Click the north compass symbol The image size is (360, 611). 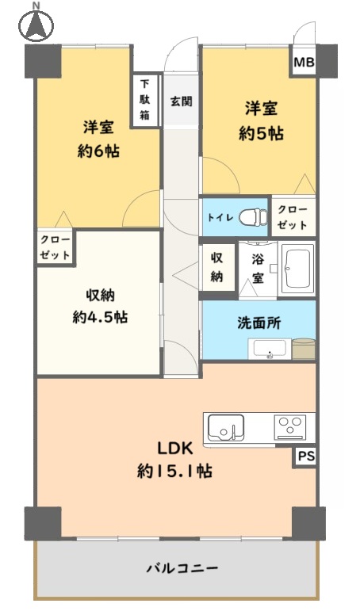(x=36, y=24)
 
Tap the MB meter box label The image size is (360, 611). (x=304, y=62)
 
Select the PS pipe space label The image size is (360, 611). (x=306, y=456)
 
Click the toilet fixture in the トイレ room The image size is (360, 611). (x=253, y=216)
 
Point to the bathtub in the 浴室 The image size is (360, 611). (x=298, y=268)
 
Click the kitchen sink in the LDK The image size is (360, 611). (x=226, y=428)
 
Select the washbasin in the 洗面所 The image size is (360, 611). (x=270, y=349)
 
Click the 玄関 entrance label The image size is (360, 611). (x=181, y=101)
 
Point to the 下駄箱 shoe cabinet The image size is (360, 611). (x=145, y=100)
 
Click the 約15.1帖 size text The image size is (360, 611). (x=174, y=472)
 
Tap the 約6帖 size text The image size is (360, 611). (x=98, y=151)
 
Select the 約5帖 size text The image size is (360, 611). (x=261, y=134)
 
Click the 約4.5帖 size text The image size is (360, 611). (x=100, y=317)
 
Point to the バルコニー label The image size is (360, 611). (x=182, y=568)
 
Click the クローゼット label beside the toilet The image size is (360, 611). (x=293, y=217)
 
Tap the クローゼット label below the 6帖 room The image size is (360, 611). (x=55, y=247)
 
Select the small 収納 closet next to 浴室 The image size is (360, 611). (x=216, y=267)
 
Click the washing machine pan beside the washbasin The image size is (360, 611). (x=304, y=349)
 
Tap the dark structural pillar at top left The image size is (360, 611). (x=43, y=61)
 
